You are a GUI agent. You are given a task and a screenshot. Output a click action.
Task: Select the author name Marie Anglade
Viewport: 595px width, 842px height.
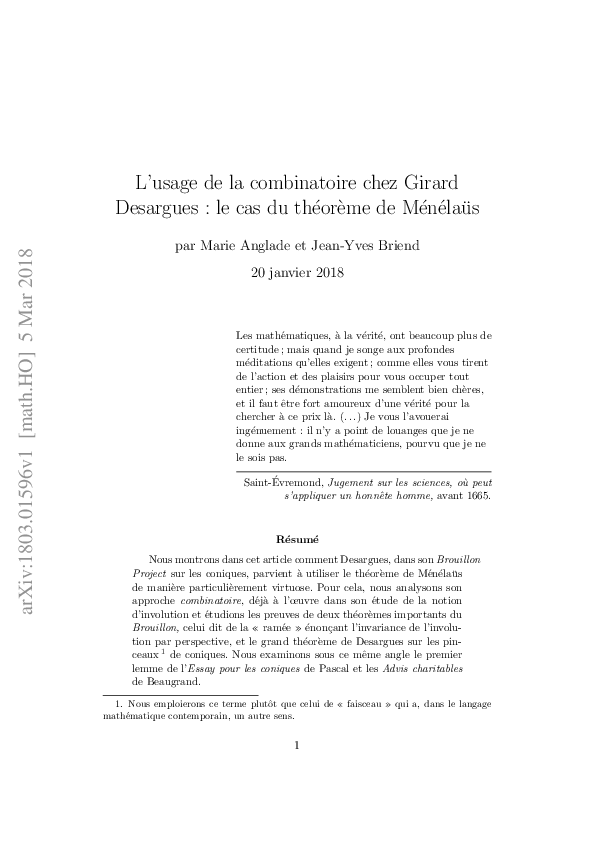pos(240,246)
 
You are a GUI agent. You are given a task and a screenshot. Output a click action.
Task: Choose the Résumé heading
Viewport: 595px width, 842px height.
pos(297,538)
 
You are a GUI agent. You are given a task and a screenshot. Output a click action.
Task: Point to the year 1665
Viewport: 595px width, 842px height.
pos(475,495)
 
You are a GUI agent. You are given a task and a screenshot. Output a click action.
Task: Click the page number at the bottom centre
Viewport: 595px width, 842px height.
pos(298,744)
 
